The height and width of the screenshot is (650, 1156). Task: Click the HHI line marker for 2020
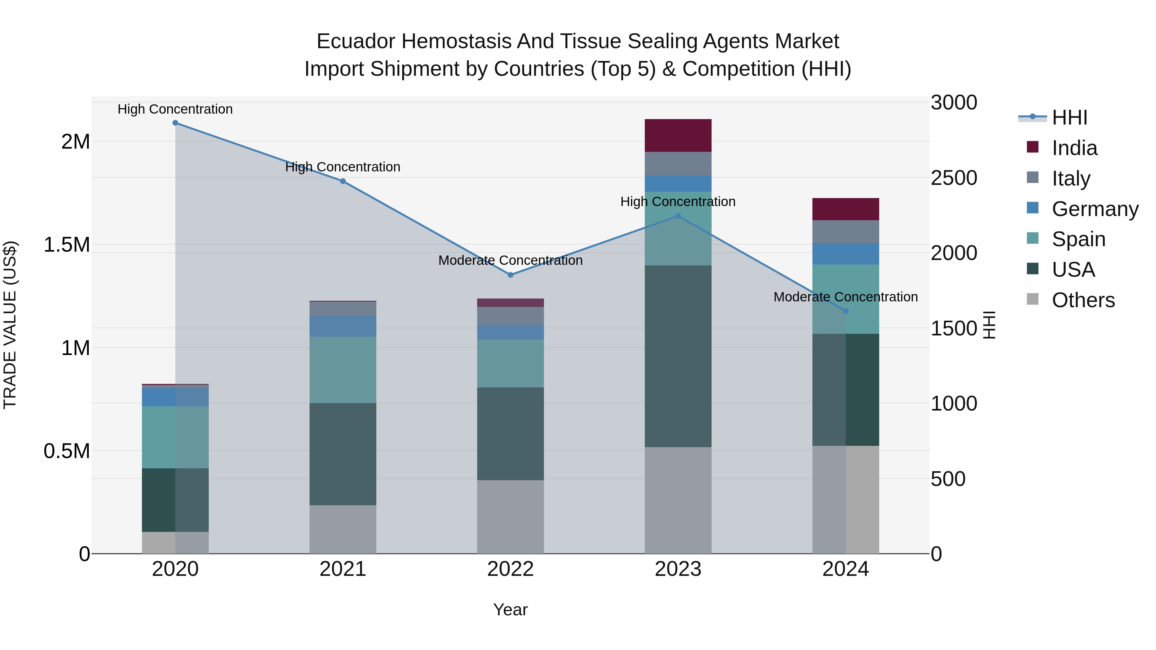tap(175, 123)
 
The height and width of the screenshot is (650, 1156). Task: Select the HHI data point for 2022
tap(510, 275)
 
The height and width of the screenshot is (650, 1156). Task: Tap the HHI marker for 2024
tap(845, 311)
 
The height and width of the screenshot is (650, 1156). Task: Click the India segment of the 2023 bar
tap(678, 135)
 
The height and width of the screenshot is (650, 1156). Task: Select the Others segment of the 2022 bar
tap(510, 517)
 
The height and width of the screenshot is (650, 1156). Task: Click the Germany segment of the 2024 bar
tap(845, 254)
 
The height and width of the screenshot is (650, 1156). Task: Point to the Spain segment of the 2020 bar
tap(175, 438)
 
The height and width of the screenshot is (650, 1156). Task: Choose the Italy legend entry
tap(1071, 178)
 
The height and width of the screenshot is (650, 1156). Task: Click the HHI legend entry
tap(1069, 117)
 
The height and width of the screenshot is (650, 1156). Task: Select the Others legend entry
tap(1083, 300)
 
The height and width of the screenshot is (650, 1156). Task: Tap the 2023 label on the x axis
tap(678, 569)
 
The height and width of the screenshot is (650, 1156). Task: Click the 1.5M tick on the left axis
tap(67, 245)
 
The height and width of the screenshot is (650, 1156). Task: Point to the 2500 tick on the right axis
tap(954, 178)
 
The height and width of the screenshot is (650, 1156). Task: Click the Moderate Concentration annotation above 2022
tap(510, 261)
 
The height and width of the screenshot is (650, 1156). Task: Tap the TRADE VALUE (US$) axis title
tap(10, 325)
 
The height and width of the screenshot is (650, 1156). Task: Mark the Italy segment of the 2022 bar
tap(510, 316)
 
